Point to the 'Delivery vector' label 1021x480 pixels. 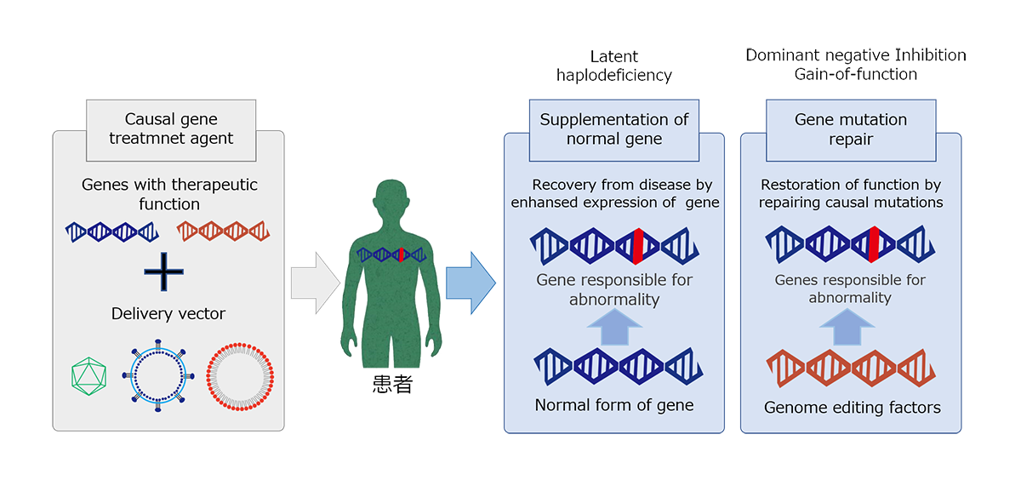click(168, 314)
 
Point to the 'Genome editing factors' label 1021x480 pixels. click(852, 408)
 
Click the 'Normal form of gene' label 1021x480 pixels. click(614, 405)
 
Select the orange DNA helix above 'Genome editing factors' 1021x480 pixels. click(851, 367)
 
